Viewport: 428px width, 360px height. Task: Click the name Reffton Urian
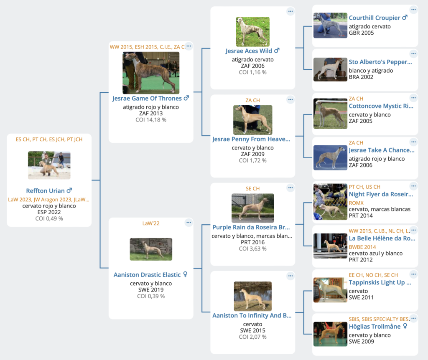(45, 190)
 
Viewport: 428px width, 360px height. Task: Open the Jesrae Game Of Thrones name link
(147, 99)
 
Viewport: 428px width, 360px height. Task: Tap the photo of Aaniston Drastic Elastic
(151, 249)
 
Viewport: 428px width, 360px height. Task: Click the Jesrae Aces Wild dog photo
(253, 32)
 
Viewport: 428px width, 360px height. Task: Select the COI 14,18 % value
(151, 120)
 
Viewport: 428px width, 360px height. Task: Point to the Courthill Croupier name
(374, 18)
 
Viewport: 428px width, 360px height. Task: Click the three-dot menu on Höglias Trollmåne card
(413, 318)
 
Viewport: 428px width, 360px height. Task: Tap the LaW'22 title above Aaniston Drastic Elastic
(151, 223)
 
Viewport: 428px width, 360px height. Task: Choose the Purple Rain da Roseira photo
(253, 208)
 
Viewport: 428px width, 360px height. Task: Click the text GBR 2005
(361, 33)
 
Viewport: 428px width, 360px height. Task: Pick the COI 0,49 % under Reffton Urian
(49, 218)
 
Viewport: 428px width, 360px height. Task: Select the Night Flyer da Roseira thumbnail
(330, 202)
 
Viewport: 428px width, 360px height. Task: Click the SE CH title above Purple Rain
(253, 189)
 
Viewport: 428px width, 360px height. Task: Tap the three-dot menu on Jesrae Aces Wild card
(290, 11)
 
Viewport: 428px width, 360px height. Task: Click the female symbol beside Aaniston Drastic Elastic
(185, 274)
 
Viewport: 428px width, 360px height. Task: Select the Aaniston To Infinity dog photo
(253, 296)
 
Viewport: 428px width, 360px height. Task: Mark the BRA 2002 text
(361, 77)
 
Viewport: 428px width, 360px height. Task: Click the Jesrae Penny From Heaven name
(251, 139)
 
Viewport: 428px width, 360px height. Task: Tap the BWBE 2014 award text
(362, 247)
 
